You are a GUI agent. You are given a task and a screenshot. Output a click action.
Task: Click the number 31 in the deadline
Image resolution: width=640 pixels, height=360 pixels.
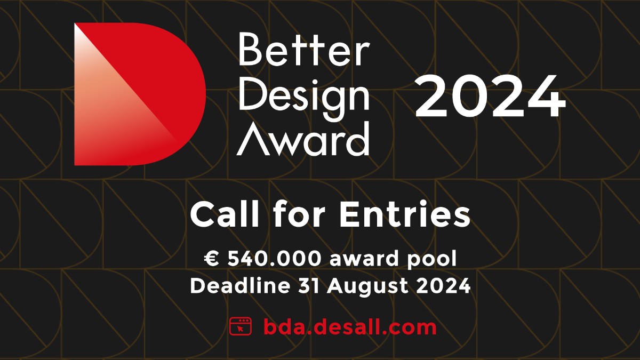[x=302, y=286]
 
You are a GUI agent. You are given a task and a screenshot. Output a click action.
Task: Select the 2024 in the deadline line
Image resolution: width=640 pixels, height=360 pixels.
[x=445, y=286]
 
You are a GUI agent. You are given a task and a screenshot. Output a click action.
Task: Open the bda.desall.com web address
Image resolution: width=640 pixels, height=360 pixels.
[x=349, y=326]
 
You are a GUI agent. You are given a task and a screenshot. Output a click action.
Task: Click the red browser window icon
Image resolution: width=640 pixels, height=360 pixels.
[x=240, y=326]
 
